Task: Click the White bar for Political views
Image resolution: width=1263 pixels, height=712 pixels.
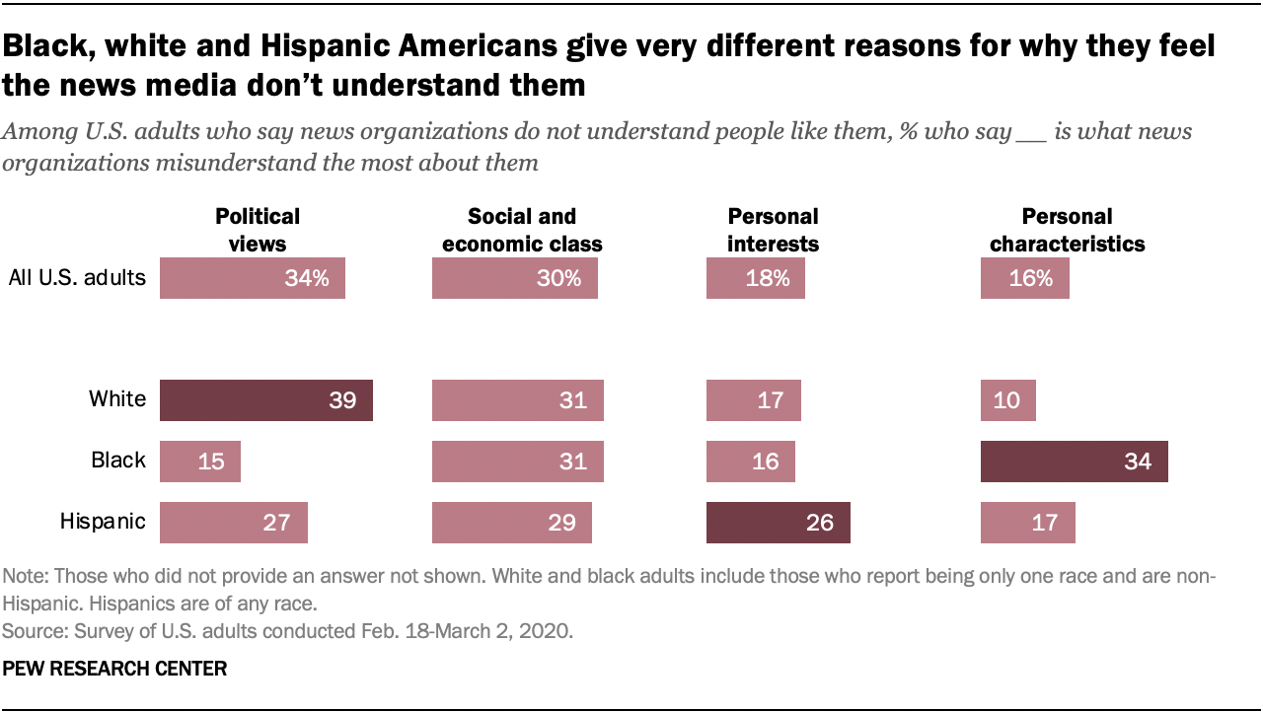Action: point(265,400)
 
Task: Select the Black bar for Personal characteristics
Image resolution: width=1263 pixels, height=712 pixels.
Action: point(1074,462)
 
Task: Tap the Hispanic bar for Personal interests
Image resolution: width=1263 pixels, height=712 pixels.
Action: point(778,523)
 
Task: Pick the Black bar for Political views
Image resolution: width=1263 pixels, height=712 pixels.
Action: point(199,462)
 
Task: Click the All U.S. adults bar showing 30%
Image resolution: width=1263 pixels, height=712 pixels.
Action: point(514,278)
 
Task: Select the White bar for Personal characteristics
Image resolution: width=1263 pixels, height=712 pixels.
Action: point(1007,400)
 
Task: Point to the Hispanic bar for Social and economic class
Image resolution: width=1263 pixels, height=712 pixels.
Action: point(511,523)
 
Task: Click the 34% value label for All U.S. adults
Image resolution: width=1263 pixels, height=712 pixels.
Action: point(306,278)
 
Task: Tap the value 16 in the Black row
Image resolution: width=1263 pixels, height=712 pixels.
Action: point(765,462)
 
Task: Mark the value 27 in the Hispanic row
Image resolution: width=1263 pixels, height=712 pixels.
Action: point(276,523)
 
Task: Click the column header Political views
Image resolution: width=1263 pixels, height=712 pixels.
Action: point(258,230)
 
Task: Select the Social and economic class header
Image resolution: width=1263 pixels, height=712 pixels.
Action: point(522,230)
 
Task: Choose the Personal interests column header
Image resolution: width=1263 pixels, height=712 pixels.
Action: point(773,230)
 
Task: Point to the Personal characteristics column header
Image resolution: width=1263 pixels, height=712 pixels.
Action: point(1067,230)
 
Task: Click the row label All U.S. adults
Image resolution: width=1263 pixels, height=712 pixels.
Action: point(77,278)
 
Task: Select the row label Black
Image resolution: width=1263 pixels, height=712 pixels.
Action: point(118,462)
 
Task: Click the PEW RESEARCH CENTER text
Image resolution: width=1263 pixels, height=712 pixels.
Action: point(114,669)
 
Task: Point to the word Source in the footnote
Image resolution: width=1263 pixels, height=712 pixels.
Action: point(29,627)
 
